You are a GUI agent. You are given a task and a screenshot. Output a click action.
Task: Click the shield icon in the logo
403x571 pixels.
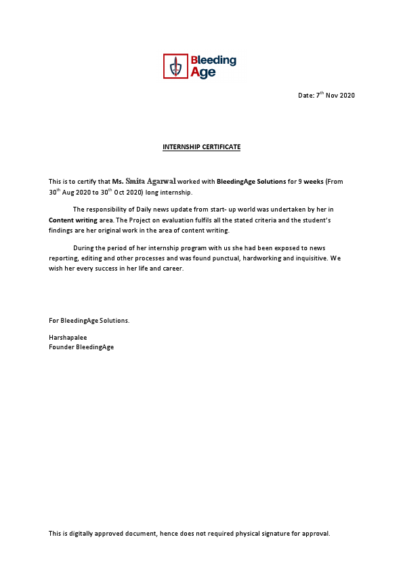(x=176, y=66)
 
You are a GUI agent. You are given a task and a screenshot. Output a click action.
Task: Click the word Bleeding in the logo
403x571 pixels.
(x=213, y=60)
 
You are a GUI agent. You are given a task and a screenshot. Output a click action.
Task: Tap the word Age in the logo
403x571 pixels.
(x=203, y=73)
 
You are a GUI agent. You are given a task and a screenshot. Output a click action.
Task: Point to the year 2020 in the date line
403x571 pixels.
(x=347, y=95)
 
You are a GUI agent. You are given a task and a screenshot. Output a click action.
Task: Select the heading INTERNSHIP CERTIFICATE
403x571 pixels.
(x=201, y=147)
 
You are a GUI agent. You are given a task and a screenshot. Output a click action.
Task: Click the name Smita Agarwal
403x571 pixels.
(x=150, y=181)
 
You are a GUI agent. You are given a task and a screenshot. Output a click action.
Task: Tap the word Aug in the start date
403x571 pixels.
(x=70, y=193)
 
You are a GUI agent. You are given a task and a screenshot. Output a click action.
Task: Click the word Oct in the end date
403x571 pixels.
(x=127, y=193)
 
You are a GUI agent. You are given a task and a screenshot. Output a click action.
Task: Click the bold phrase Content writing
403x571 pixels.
(x=73, y=220)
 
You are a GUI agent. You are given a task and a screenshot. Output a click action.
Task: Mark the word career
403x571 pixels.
(x=173, y=269)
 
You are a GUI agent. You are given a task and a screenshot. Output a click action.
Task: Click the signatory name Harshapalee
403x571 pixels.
(x=68, y=337)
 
